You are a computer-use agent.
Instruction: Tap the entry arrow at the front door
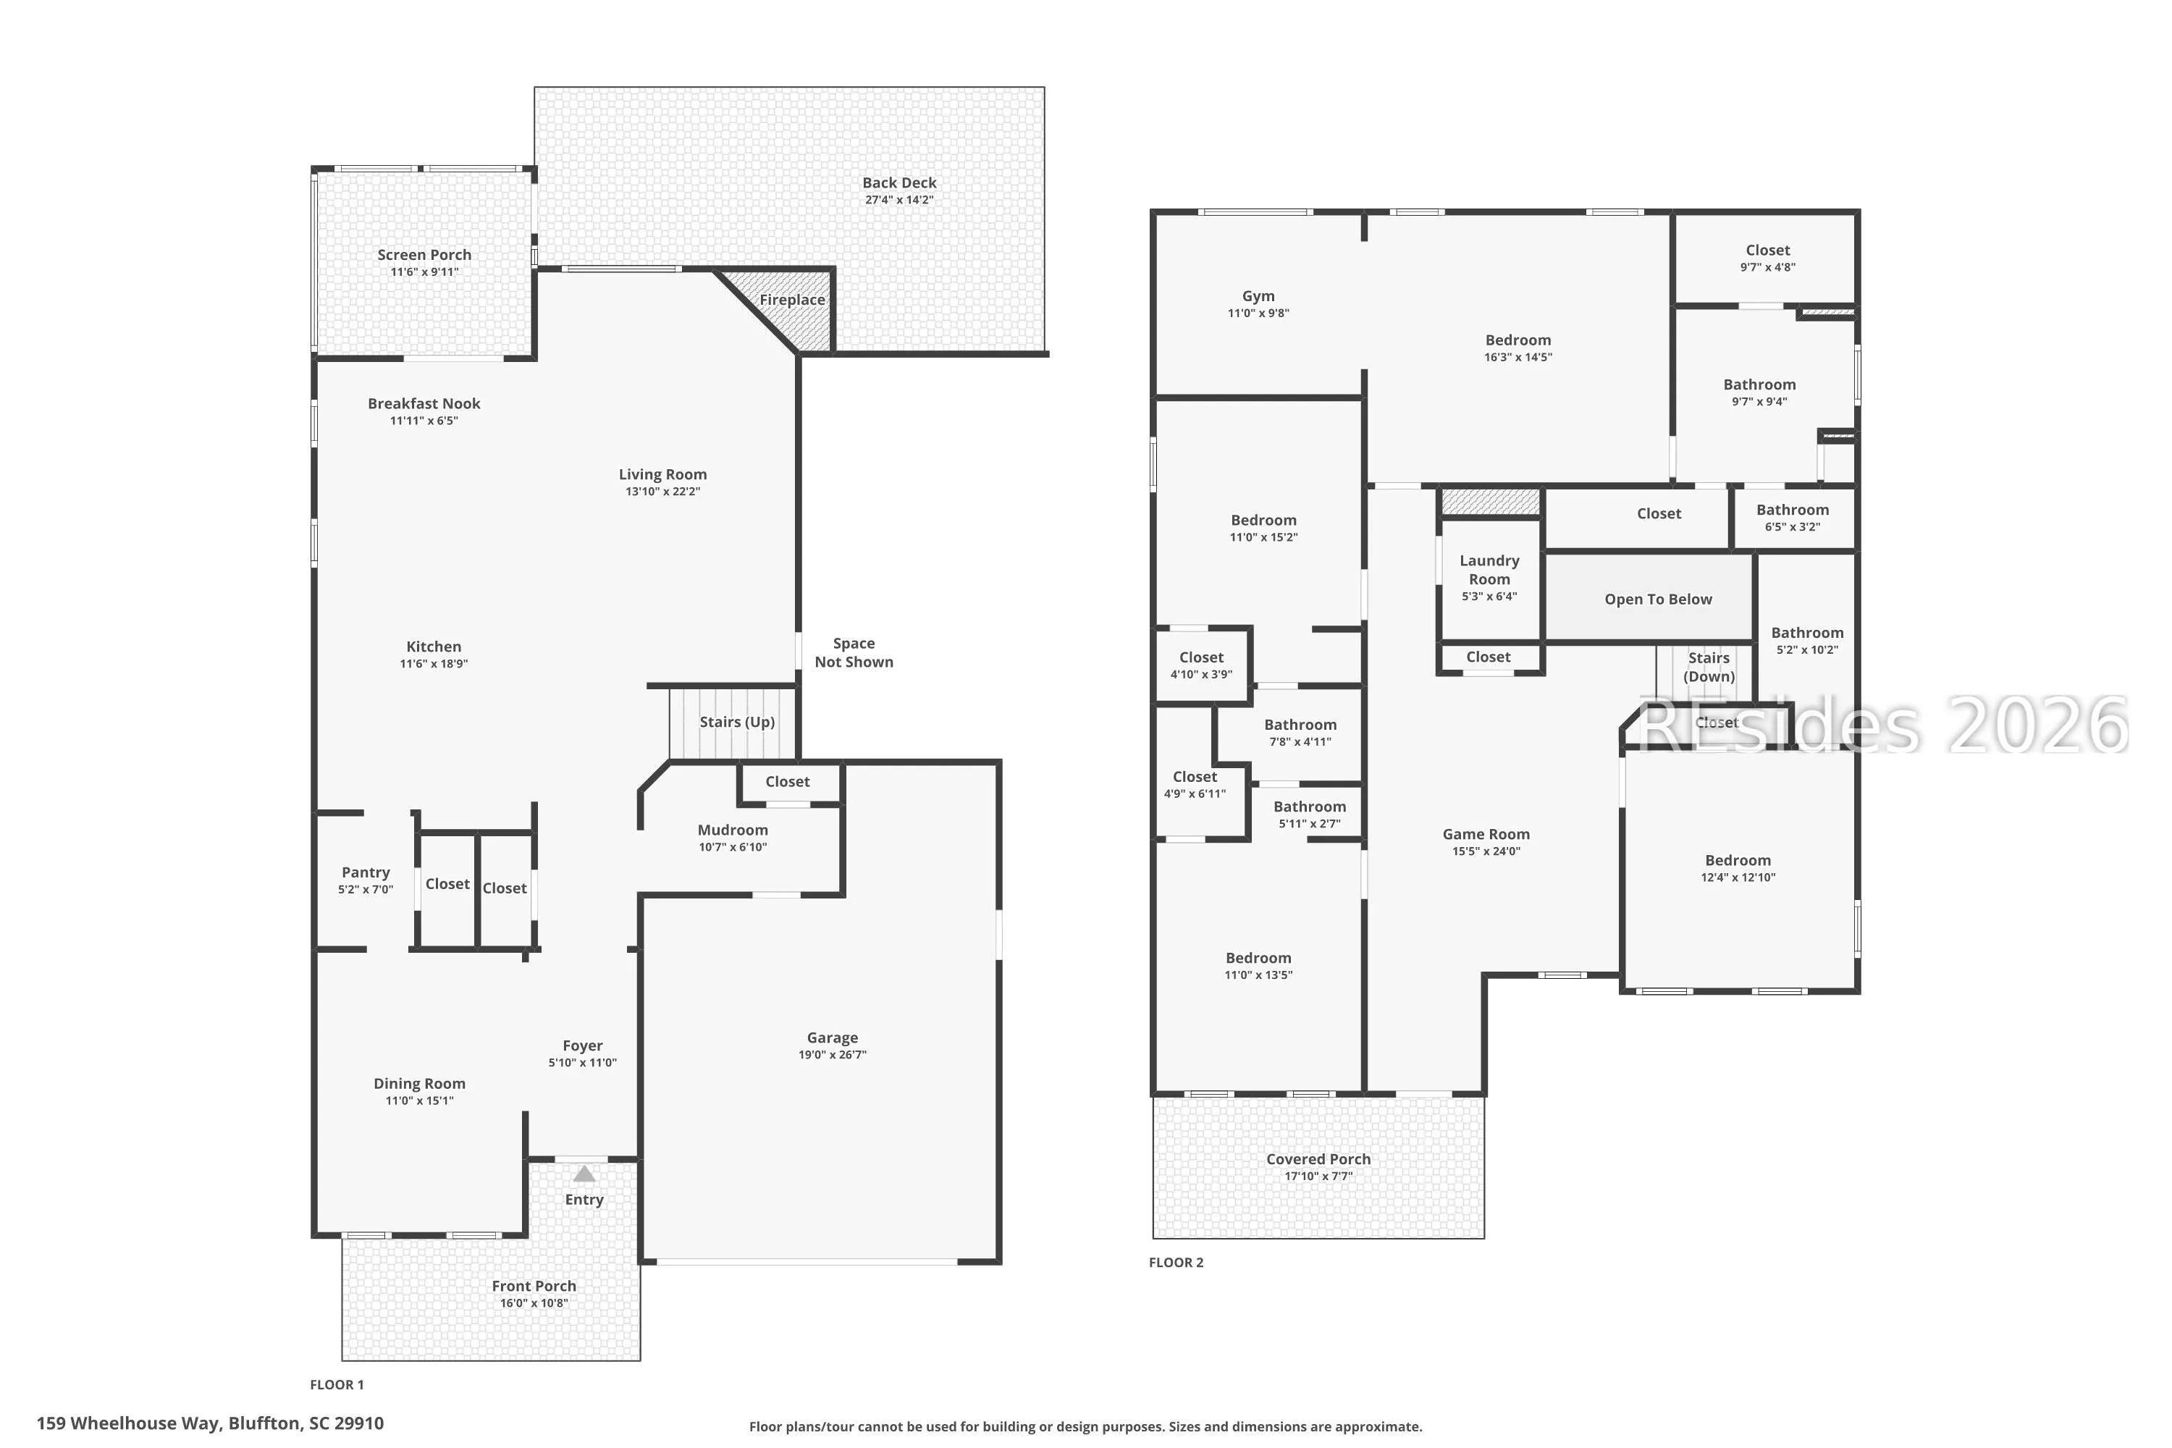click(584, 1174)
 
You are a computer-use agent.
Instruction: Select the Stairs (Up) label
click(737, 722)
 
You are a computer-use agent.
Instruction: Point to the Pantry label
click(366, 872)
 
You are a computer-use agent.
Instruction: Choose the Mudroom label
click(732, 830)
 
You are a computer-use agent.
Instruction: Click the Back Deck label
click(899, 183)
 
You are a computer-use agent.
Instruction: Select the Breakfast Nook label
click(424, 403)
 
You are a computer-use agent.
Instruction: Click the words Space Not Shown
click(854, 653)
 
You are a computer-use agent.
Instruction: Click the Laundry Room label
click(1489, 570)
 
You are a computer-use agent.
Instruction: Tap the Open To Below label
click(1659, 599)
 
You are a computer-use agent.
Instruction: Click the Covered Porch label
click(1318, 1159)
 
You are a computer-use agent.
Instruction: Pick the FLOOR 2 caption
click(1176, 1263)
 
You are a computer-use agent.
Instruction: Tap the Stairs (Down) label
click(1709, 667)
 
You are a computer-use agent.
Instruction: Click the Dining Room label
click(419, 1084)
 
